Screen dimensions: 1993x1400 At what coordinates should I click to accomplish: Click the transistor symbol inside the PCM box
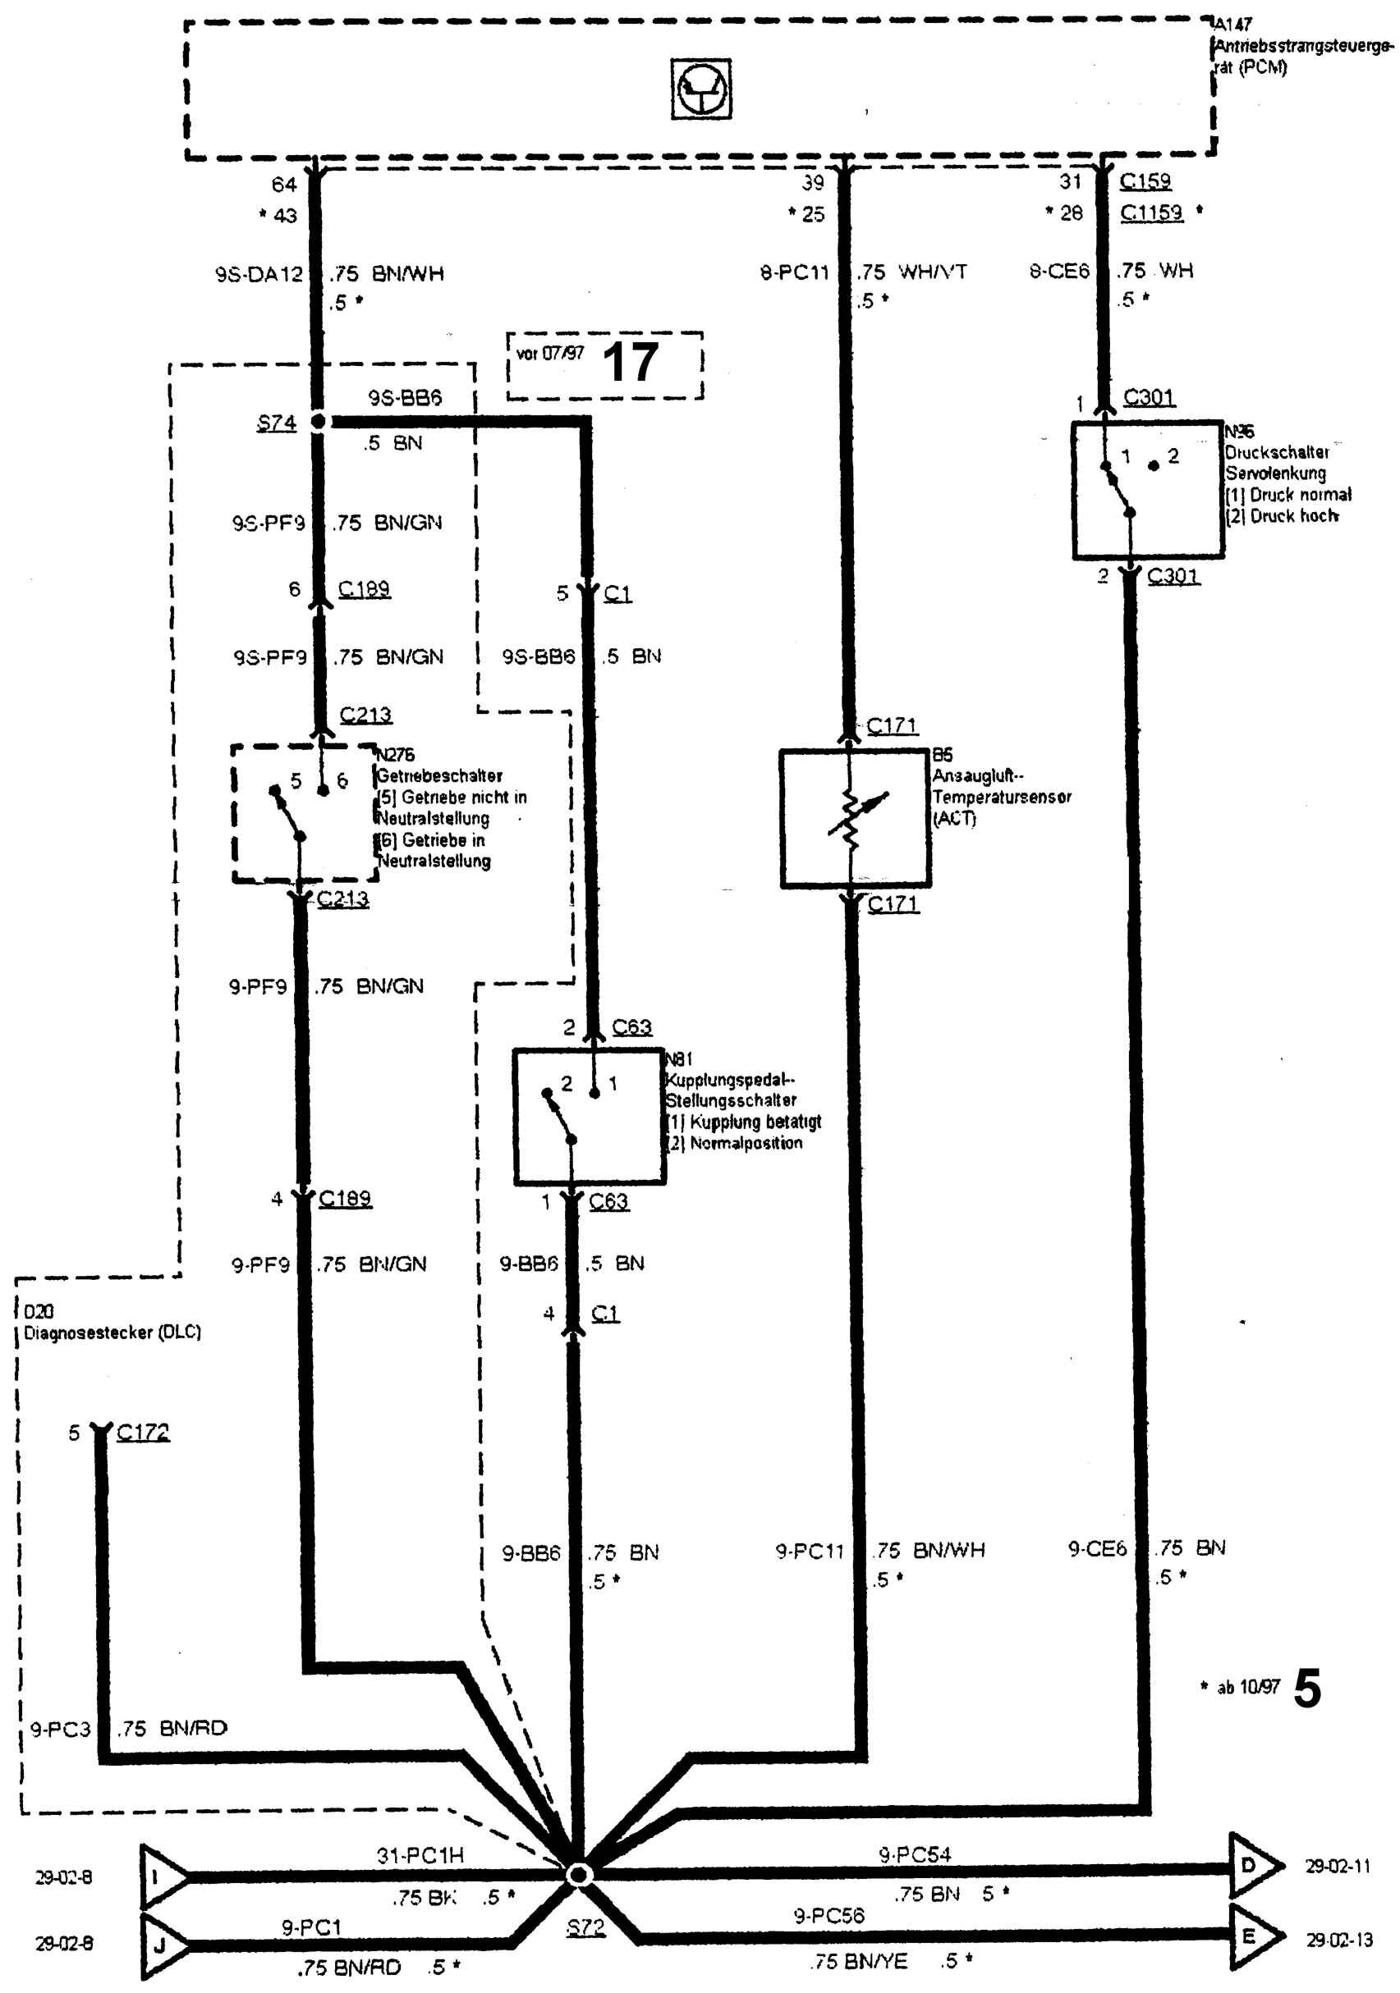(701, 89)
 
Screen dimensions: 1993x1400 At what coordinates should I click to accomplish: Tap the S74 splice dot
(318, 422)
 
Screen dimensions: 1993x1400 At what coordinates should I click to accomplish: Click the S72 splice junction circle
(578, 1876)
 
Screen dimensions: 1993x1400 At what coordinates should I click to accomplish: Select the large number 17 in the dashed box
(630, 362)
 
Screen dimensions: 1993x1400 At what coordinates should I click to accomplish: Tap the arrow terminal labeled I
(162, 1877)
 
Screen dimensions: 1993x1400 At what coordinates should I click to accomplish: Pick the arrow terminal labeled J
(162, 1945)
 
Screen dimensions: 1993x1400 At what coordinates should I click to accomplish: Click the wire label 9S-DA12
(259, 274)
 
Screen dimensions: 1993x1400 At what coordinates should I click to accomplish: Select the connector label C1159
(1150, 213)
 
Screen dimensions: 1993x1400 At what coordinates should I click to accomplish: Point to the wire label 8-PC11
(794, 272)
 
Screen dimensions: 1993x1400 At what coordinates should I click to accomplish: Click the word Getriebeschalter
(438, 775)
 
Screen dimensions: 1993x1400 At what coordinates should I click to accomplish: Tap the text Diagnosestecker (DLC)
(112, 1332)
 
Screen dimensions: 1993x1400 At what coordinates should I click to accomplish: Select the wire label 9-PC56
(829, 1916)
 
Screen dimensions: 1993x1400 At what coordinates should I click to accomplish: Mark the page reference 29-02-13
(1339, 1939)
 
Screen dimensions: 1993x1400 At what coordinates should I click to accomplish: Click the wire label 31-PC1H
(420, 1855)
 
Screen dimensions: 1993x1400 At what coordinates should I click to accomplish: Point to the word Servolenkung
(1275, 473)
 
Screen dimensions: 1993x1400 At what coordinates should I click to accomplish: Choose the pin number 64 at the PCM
(284, 184)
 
